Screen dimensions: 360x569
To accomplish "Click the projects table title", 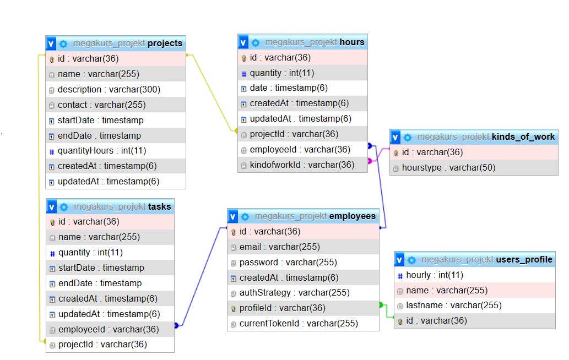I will pos(165,43).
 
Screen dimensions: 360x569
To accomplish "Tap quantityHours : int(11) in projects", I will pos(102,150).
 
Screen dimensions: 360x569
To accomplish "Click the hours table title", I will pos(351,42).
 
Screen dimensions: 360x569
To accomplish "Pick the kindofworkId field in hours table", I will pos(302,165).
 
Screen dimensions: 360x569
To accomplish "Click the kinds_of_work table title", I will pos(523,137).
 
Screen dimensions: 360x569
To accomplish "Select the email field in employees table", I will pos(279,247).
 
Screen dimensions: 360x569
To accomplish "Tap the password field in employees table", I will pos(288,262).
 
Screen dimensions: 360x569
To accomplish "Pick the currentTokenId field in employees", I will pos(299,324).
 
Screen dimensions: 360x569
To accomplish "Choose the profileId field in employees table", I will pos(282,308).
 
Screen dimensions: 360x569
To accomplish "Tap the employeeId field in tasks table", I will pos(109,329).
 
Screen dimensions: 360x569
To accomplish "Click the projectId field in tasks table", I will pos(102,345).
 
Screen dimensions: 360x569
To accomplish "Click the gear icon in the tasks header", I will pos(64,207).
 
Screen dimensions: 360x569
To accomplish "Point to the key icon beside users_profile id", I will pos(400,321).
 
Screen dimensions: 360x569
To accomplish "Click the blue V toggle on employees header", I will pos(233,216).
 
